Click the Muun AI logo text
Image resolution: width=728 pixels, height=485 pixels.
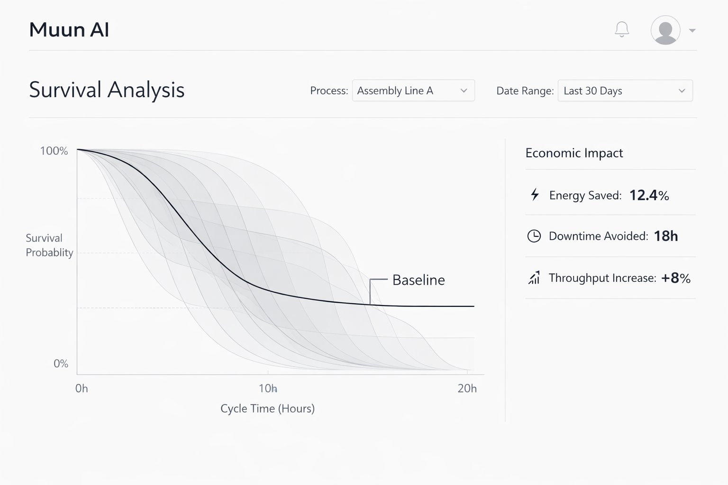(69, 30)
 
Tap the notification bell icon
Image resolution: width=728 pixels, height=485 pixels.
(622, 29)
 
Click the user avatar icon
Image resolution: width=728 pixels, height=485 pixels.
(665, 30)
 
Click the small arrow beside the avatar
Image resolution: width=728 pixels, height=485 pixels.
(692, 30)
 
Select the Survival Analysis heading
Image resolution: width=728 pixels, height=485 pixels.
(107, 90)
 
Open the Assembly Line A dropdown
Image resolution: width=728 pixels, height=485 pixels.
(413, 90)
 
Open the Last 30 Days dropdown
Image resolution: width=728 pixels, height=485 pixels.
(625, 90)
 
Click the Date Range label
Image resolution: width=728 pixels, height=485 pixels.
(525, 91)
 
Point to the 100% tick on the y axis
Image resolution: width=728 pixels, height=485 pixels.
(54, 151)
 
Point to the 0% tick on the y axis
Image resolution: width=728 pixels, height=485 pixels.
(61, 364)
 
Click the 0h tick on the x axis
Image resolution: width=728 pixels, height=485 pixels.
(82, 388)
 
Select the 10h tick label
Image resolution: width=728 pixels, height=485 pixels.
(268, 388)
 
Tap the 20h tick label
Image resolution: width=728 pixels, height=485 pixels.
(467, 388)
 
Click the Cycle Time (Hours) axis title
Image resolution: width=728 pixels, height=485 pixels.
(267, 408)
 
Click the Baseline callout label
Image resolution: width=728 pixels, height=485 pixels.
(419, 280)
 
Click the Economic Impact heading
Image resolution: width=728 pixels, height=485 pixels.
(574, 153)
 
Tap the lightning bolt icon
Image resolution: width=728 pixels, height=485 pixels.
(535, 194)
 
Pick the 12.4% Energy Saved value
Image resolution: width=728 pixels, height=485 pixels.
(649, 195)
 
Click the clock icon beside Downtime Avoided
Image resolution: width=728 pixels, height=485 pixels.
(534, 236)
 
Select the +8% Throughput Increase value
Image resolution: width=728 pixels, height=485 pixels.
(675, 278)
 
